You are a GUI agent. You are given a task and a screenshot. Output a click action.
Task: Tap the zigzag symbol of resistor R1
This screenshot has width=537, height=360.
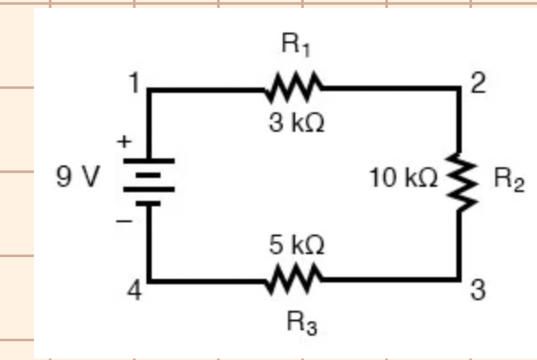pos(294,87)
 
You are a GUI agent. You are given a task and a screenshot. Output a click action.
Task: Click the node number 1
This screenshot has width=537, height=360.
pos(135,83)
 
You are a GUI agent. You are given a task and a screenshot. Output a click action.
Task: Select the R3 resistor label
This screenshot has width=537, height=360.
pos(302,323)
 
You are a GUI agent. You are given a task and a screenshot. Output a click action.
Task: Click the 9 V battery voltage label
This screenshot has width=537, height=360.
pos(77,177)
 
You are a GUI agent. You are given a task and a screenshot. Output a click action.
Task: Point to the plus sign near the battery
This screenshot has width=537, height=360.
pos(124,141)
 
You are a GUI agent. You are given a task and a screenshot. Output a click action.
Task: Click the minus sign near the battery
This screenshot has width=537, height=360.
pos(124,221)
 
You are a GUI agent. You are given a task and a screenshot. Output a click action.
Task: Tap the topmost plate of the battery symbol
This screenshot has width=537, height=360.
pos(149,161)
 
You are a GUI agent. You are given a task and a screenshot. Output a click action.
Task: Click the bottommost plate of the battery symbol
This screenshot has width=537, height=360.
pos(148,204)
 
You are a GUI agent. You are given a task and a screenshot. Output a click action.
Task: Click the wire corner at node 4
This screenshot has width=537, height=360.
pos(149,280)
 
